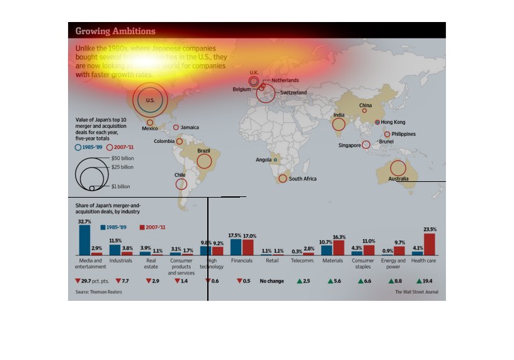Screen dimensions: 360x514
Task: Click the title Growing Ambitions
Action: pyautogui.click(x=115, y=31)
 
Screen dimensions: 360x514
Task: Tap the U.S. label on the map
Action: pyautogui.click(x=150, y=101)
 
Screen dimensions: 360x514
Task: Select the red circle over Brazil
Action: pyautogui.click(x=204, y=161)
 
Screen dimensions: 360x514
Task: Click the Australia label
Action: pyautogui.click(x=398, y=179)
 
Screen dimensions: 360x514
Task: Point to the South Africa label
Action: pyautogui.click(x=302, y=179)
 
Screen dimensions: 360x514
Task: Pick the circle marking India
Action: pyautogui.click(x=339, y=124)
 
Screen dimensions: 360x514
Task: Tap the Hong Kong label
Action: pyautogui.click(x=394, y=122)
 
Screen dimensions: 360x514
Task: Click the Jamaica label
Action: pyautogui.click(x=190, y=127)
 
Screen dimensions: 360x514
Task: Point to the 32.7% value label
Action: pyautogui.click(x=84, y=222)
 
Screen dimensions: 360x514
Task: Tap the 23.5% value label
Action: pyautogui.click(x=430, y=230)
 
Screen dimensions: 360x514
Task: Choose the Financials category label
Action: pyautogui.click(x=241, y=261)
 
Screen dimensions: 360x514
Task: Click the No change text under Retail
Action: pyautogui.click(x=272, y=281)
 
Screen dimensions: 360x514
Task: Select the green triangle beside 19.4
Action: pyautogui.click(x=419, y=281)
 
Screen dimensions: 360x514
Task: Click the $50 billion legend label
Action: pyautogui.click(x=122, y=157)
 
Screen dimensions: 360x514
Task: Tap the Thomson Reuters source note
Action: pyautogui.click(x=99, y=292)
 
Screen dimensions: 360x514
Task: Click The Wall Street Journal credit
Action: pyautogui.click(x=416, y=292)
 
